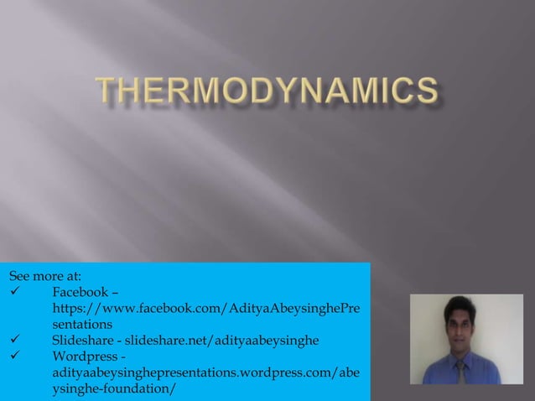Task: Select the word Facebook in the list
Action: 80,292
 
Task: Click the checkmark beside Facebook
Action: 14,292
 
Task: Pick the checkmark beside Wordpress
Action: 14,357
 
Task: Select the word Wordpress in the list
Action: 85,357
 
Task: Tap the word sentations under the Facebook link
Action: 82,324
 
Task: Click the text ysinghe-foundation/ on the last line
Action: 114,388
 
